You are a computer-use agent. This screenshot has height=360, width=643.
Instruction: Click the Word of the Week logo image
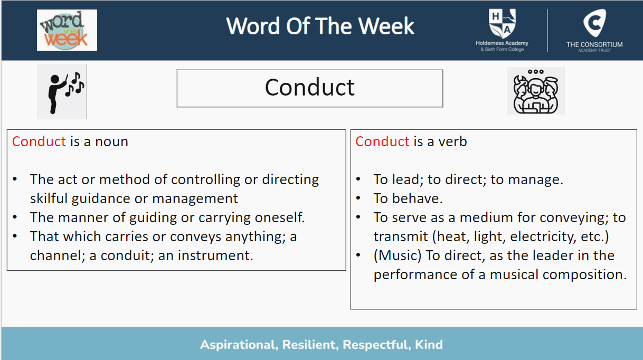coord(67,30)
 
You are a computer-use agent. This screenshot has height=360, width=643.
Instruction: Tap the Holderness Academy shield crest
coord(503,24)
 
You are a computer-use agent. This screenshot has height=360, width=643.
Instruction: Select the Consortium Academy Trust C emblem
coord(594,23)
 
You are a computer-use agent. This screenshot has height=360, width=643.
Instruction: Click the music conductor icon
coord(61,91)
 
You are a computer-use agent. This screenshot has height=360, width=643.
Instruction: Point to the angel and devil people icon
coord(536,91)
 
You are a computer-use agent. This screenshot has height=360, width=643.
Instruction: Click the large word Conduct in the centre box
coord(309,87)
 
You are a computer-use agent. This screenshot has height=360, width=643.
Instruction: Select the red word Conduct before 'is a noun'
coord(39,141)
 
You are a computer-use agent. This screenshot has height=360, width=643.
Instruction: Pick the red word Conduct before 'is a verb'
coord(382,141)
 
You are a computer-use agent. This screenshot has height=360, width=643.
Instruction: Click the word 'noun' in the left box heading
coord(111,142)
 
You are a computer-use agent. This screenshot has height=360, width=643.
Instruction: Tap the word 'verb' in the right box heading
coord(452,141)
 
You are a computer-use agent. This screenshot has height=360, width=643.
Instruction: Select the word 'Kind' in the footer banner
coord(429,345)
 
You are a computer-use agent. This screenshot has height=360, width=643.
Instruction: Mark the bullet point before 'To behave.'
coord(358,198)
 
